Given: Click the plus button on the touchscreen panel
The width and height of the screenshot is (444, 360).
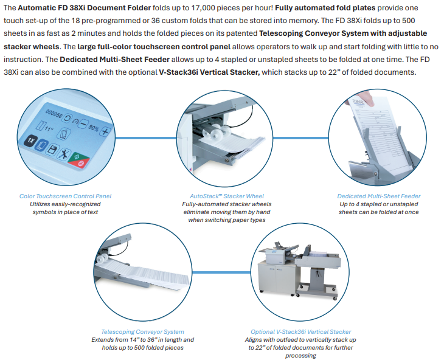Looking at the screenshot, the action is tap(105, 131).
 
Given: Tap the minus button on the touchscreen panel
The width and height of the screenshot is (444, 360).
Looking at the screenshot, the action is tap(84, 123).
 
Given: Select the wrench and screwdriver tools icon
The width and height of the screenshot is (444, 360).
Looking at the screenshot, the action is tap(64, 154).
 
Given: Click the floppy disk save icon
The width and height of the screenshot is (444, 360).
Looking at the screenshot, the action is tap(52, 150).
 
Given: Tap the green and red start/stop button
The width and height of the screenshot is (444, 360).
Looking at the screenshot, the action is tap(79, 161).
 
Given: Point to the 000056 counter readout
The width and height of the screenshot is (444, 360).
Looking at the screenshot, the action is tap(54, 114).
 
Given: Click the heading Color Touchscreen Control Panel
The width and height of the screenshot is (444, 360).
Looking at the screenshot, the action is tap(66, 196).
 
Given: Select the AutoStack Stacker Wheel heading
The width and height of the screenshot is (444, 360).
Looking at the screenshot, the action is tap(227, 196).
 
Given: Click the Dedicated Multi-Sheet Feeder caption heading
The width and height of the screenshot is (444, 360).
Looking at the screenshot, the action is tap(379, 196).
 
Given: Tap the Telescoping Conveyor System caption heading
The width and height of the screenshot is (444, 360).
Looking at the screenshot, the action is tap(143, 331).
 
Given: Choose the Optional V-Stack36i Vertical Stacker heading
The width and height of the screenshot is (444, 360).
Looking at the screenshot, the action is tap(300, 331).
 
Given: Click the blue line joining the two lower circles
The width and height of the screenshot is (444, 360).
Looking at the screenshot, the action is tap(221, 272).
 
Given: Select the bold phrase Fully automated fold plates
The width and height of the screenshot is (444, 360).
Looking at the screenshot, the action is tap(325, 8).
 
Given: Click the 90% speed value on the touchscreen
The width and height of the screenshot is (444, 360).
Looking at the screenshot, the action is tap(94, 128).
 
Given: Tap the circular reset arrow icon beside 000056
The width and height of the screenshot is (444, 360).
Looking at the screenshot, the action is tap(67, 118).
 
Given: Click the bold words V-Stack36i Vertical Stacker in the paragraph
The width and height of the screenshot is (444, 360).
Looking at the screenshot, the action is tap(209, 72).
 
